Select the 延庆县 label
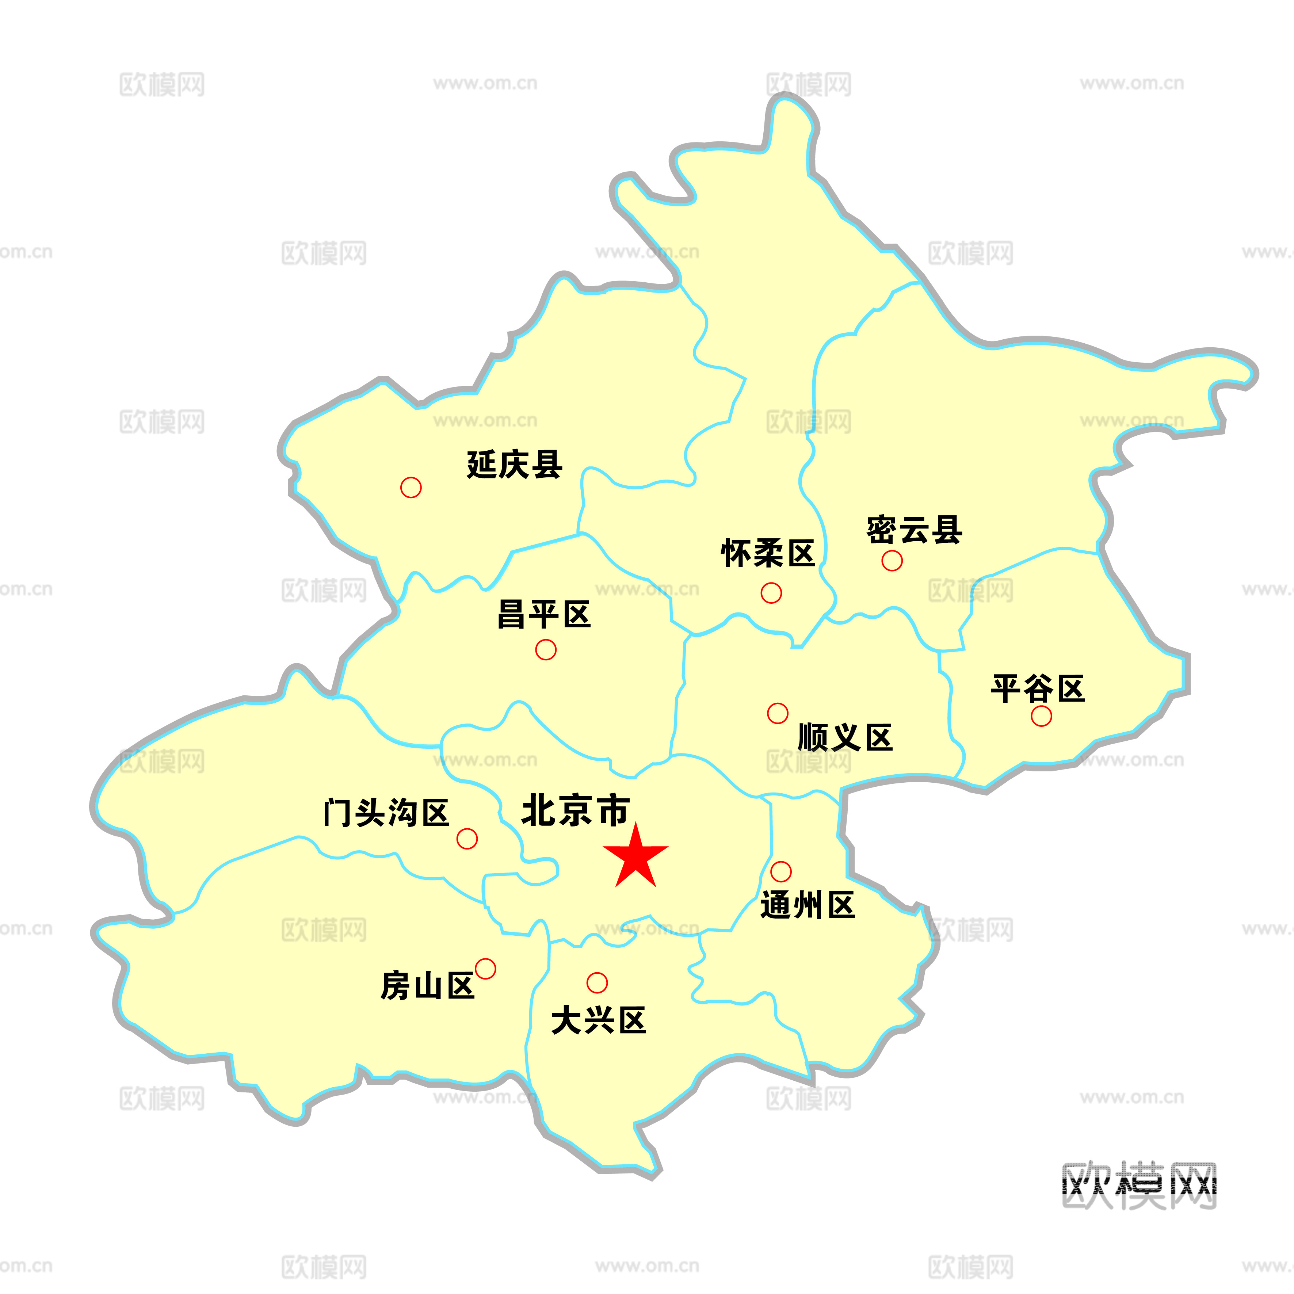(x=514, y=464)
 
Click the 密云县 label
(x=914, y=530)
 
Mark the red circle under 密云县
(x=892, y=561)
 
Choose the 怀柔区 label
(x=768, y=553)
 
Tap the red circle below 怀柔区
(x=771, y=593)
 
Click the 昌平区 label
(x=544, y=614)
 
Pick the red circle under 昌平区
(x=546, y=650)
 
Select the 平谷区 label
(x=1038, y=688)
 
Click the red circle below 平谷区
(x=1041, y=716)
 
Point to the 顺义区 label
(x=845, y=737)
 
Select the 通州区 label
(x=808, y=905)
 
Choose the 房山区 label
(x=427, y=986)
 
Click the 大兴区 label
(x=598, y=1021)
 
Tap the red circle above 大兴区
(x=597, y=982)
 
